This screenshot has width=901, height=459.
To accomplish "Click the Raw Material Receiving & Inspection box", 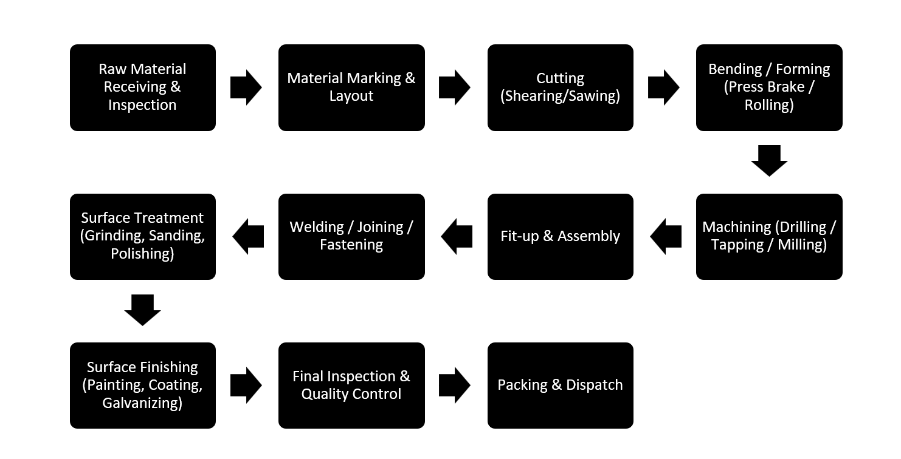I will coord(142,87).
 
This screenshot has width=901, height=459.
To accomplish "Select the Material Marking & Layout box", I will coord(351,87).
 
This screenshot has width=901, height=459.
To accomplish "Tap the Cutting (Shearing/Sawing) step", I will coord(560,87).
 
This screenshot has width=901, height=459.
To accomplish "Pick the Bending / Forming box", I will coord(769,87).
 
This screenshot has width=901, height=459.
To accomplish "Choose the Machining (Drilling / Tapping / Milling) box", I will coord(769,236).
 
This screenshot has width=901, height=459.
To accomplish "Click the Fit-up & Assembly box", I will coord(560,236).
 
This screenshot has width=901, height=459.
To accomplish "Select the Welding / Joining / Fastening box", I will coord(351,236).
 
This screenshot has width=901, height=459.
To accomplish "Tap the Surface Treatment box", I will coord(142,236).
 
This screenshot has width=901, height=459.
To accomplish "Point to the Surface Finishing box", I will coord(142,386).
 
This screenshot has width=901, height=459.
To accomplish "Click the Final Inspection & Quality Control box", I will coord(351,386).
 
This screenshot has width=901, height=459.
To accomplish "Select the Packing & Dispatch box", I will coord(560,386).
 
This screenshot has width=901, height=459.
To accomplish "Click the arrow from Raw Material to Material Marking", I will coord(246,87).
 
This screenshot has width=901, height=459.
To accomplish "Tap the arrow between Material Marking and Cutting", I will coord(455,87).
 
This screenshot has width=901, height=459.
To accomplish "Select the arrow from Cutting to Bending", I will coord(664,87).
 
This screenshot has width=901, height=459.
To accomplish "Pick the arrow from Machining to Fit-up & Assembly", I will coord(665,236).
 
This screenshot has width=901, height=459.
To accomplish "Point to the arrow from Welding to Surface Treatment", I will coord(248,236).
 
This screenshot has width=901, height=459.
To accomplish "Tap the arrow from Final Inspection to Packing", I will coord(455,386).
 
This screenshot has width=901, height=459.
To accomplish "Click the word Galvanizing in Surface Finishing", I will coord(142,403).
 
